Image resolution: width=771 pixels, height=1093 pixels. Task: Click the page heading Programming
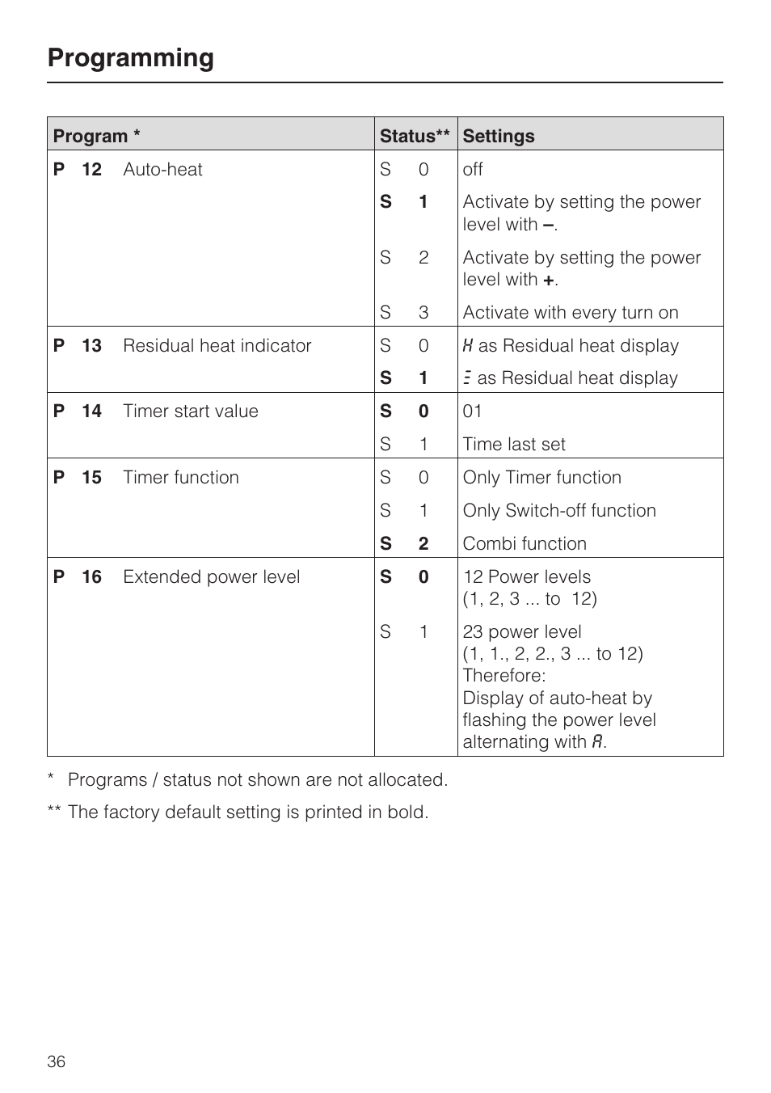[130, 58]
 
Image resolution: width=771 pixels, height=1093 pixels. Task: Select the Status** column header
[415, 136]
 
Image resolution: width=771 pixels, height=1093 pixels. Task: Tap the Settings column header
[498, 136]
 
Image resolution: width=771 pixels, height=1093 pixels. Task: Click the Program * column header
[96, 136]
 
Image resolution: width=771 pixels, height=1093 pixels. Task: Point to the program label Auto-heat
[162, 170]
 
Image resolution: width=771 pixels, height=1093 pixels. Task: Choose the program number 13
[91, 346]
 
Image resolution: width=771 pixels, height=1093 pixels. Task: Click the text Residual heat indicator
[217, 346]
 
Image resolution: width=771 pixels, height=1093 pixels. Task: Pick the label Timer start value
[190, 411]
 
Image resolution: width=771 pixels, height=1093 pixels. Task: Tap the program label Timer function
[180, 478]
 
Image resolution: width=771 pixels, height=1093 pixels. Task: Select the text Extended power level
[211, 577]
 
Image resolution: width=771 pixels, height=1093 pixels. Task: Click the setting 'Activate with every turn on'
[570, 313]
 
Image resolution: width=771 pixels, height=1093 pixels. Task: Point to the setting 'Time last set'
[513, 445]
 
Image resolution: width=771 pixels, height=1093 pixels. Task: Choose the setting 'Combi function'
[524, 544]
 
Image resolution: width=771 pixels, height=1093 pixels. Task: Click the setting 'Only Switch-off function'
[558, 511]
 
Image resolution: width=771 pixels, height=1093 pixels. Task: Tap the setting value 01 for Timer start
[472, 411]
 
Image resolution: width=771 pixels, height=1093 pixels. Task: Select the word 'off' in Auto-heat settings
[472, 170]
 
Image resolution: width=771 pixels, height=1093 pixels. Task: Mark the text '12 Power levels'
[526, 577]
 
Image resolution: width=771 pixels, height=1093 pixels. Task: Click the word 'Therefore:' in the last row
[503, 676]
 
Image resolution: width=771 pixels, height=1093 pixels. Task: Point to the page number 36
[56, 1061]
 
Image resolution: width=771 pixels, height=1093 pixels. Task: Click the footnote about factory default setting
[247, 812]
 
